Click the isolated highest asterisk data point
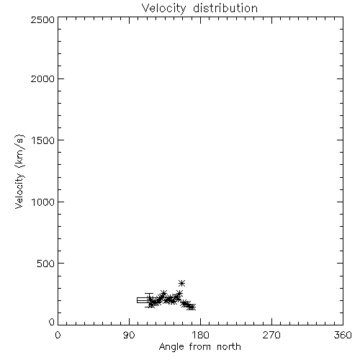click(x=182, y=283)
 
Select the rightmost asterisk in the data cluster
click(x=192, y=307)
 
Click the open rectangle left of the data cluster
click(x=143, y=300)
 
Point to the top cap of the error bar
click(x=149, y=294)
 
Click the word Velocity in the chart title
click(x=163, y=9)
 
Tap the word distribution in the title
click(x=225, y=9)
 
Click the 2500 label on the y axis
click(x=42, y=19)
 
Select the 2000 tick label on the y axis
click(x=42, y=78)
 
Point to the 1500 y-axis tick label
click(x=43, y=140)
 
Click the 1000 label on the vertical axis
click(x=43, y=202)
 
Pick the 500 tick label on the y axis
click(x=46, y=264)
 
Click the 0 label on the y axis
click(x=52, y=322)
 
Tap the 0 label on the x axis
click(x=58, y=335)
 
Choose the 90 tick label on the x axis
click(x=129, y=335)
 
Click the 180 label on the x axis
click(x=200, y=335)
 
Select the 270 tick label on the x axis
click(x=271, y=335)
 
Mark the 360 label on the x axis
click(x=343, y=335)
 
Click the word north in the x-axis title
click(x=229, y=347)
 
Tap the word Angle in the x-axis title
click(x=171, y=347)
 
